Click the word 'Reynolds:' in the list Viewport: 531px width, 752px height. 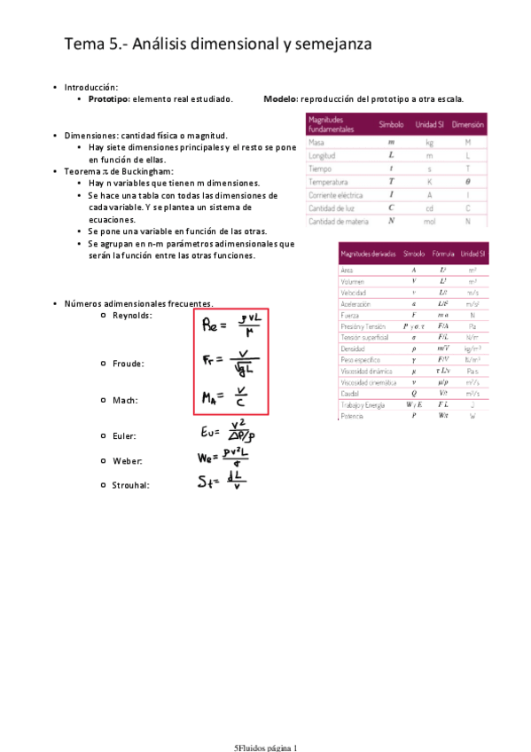132,316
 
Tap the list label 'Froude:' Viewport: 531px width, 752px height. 129,364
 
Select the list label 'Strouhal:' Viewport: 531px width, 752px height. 130,485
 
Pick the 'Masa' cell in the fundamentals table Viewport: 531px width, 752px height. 316,142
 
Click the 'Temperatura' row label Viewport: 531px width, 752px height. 328,181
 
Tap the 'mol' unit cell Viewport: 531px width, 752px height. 429,221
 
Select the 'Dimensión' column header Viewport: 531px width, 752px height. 467,124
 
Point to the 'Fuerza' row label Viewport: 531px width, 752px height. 350,315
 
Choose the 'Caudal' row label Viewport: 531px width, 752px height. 350,393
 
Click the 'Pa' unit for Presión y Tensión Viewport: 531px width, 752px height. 472,326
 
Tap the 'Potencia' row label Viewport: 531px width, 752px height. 352,415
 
